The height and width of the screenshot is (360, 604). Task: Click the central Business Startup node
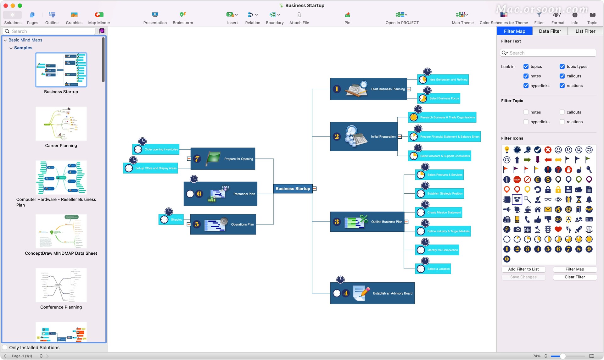point(293,189)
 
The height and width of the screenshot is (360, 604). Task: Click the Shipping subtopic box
point(171,219)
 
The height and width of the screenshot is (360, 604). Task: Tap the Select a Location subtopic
point(433,269)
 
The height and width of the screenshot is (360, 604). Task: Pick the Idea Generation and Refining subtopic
point(443,80)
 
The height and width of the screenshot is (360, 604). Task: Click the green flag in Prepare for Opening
point(213,158)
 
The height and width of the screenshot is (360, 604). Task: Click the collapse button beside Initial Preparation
point(400,136)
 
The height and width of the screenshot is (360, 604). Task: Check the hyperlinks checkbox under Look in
point(526,86)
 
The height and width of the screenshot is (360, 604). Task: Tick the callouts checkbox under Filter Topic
point(562,112)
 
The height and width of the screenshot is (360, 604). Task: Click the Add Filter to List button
point(523,269)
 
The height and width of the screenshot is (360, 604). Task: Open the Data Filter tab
point(550,31)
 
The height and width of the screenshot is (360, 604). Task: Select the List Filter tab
point(585,31)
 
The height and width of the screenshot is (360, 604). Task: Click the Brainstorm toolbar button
point(183,18)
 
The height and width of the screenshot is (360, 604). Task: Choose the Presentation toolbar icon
point(155,18)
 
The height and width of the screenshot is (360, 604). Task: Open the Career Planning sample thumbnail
point(61,124)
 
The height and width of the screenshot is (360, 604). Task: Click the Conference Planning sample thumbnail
point(61,285)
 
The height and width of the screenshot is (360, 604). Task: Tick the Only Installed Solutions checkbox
point(5,347)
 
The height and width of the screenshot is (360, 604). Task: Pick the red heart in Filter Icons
point(558,229)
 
